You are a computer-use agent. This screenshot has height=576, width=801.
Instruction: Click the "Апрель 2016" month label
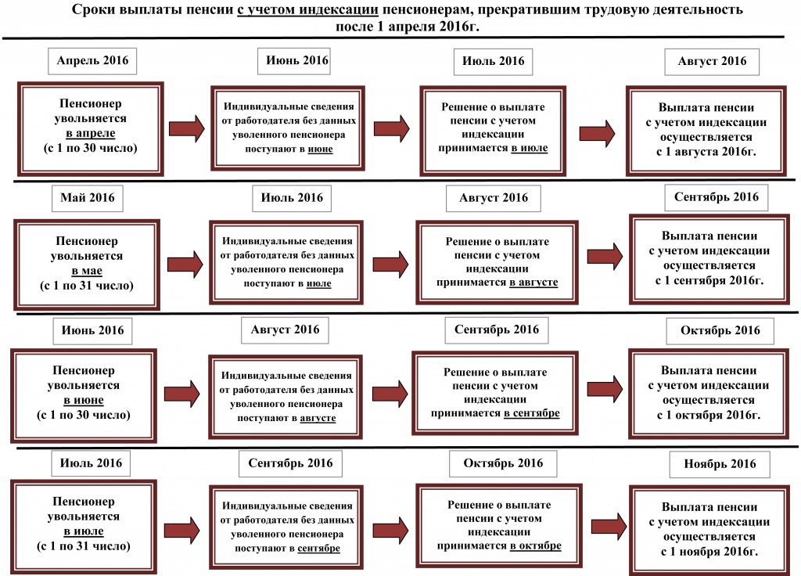tap(92, 61)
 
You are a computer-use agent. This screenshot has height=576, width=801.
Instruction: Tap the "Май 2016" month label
tap(87, 197)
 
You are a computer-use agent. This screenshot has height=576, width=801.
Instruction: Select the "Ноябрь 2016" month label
tap(720, 464)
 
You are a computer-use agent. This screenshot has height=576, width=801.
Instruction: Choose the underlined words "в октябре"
tap(535, 546)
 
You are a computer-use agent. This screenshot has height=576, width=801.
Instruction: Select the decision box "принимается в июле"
tap(492, 128)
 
